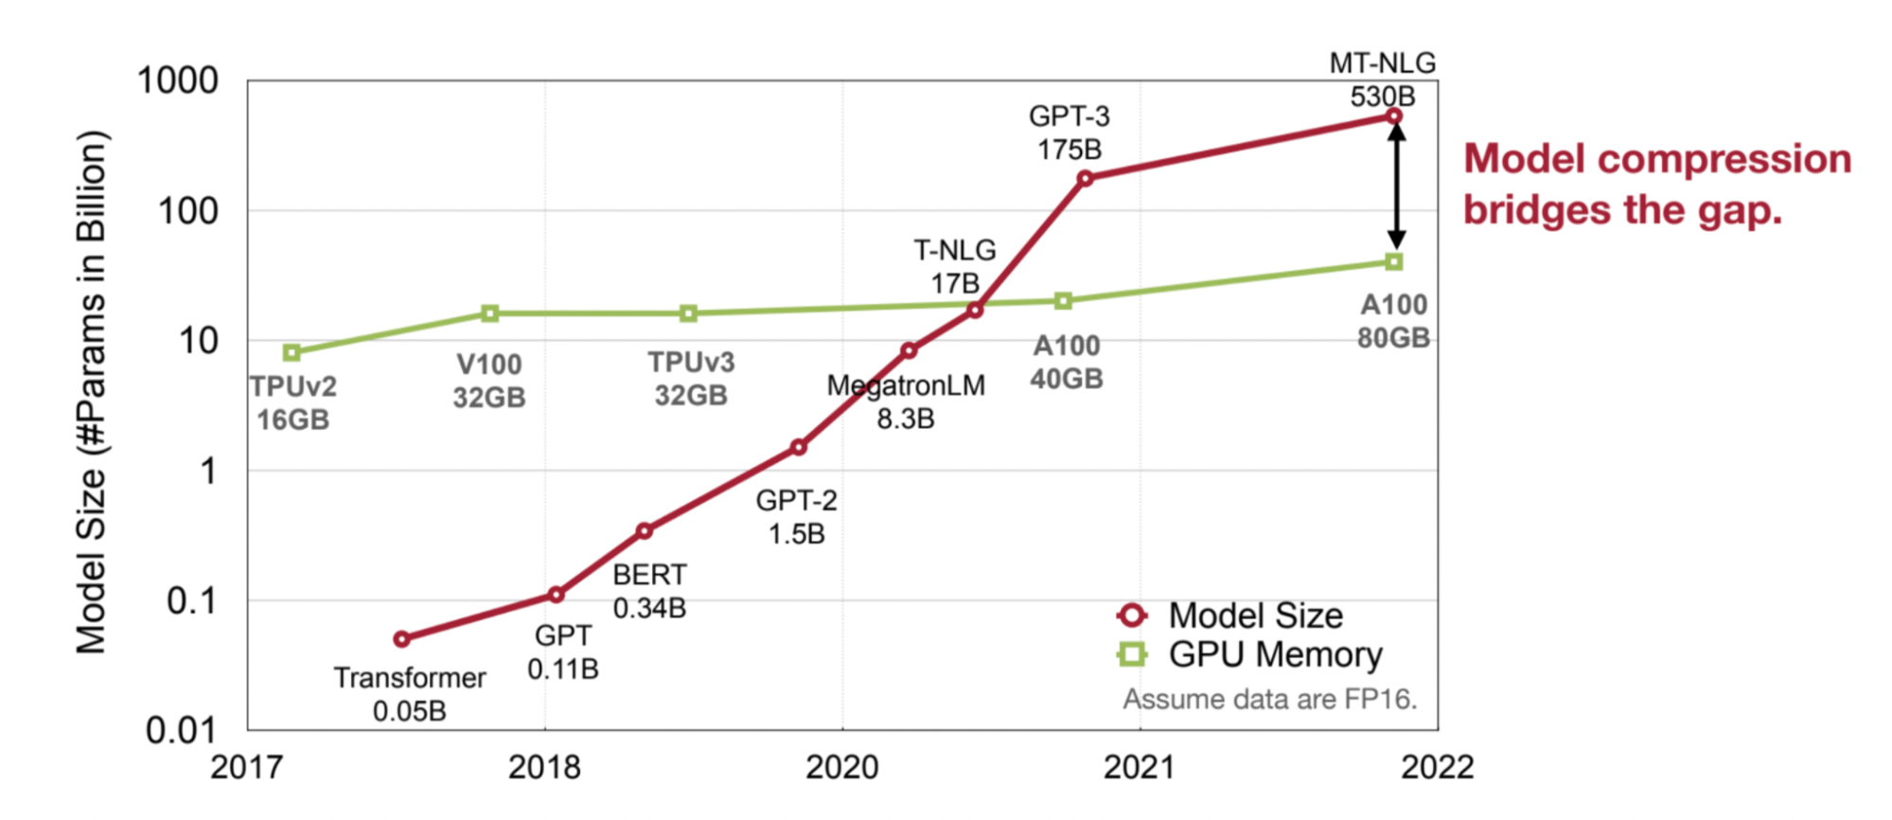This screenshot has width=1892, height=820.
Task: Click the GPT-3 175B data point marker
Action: (1086, 178)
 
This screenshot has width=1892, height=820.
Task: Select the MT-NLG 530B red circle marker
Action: (1394, 116)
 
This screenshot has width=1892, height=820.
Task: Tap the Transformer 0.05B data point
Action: (402, 639)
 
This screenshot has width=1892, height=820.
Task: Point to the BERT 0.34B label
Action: (649, 591)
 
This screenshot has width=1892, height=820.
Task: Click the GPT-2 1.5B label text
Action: (796, 517)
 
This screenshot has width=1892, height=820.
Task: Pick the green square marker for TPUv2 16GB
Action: (292, 352)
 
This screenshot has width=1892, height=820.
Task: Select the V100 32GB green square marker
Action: (489, 313)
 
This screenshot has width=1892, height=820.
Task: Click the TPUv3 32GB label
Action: (691, 378)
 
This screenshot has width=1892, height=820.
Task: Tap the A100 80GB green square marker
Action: (1394, 261)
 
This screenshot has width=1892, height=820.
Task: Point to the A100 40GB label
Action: (1067, 362)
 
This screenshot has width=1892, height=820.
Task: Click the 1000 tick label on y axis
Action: (178, 80)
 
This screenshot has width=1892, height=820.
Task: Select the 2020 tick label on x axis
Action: (841, 767)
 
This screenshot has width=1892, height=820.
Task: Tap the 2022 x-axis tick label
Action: (1437, 767)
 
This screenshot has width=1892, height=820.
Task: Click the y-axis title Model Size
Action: (92, 393)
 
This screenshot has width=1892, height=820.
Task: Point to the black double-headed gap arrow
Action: (1396, 187)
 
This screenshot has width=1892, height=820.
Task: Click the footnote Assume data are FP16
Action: (1269, 699)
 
